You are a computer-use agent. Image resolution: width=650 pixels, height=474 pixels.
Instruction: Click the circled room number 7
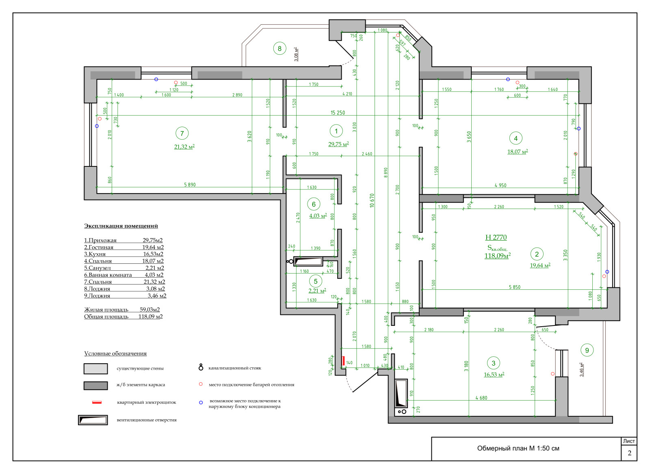[x=182, y=133]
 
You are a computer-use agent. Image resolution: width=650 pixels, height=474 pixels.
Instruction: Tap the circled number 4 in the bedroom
[x=516, y=138]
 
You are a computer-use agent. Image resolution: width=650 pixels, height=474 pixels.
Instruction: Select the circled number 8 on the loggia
[x=279, y=49]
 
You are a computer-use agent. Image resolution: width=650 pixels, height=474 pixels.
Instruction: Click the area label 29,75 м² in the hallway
[x=338, y=144]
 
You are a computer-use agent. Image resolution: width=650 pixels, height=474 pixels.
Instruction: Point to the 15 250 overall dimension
[x=338, y=113]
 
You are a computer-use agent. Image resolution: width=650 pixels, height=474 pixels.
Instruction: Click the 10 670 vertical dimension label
[x=372, y=200]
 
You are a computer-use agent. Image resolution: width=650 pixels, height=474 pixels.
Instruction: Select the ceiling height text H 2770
[x=496, y=237]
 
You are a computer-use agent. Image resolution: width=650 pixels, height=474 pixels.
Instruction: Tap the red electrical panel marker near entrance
[x=343, y=360]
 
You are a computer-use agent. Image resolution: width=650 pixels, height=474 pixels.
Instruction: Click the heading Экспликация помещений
[x=121, y=226]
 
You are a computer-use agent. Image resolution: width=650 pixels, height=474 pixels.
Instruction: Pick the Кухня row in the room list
[x=123, y=254]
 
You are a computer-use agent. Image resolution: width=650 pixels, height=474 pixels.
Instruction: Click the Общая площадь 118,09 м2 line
[x=123, y=317]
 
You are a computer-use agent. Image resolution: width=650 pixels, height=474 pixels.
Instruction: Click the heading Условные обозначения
[x=115, y=353]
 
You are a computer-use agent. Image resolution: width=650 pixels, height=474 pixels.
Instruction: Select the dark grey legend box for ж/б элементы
[x=96, y=385]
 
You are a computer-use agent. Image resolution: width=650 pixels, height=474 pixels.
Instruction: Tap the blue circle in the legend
[x=201, y=403]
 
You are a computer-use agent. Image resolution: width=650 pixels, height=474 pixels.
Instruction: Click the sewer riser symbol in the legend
[x=201, y=367]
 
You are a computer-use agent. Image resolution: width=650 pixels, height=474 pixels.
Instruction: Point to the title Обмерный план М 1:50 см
[x=518, y=448]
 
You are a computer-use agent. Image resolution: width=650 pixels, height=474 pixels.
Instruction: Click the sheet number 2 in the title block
[x=629, y=453]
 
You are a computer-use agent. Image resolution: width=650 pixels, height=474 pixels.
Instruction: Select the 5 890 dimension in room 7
[x=190, y=185]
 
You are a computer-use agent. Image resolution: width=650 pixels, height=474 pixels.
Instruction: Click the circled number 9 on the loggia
[x=587, y=350]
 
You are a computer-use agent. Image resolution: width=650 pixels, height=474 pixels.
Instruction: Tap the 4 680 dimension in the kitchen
[x=481, y=398]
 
